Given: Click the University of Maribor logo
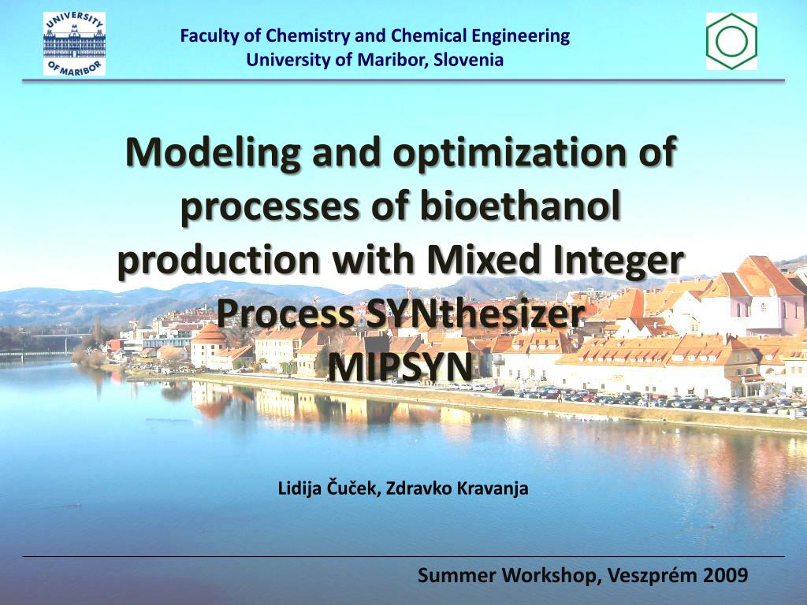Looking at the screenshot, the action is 74,44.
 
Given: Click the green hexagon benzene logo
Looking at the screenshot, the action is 731,41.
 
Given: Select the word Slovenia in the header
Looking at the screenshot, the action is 468,60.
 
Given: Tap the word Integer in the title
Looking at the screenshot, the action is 608,262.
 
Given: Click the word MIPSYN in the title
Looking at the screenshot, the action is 400,366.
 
